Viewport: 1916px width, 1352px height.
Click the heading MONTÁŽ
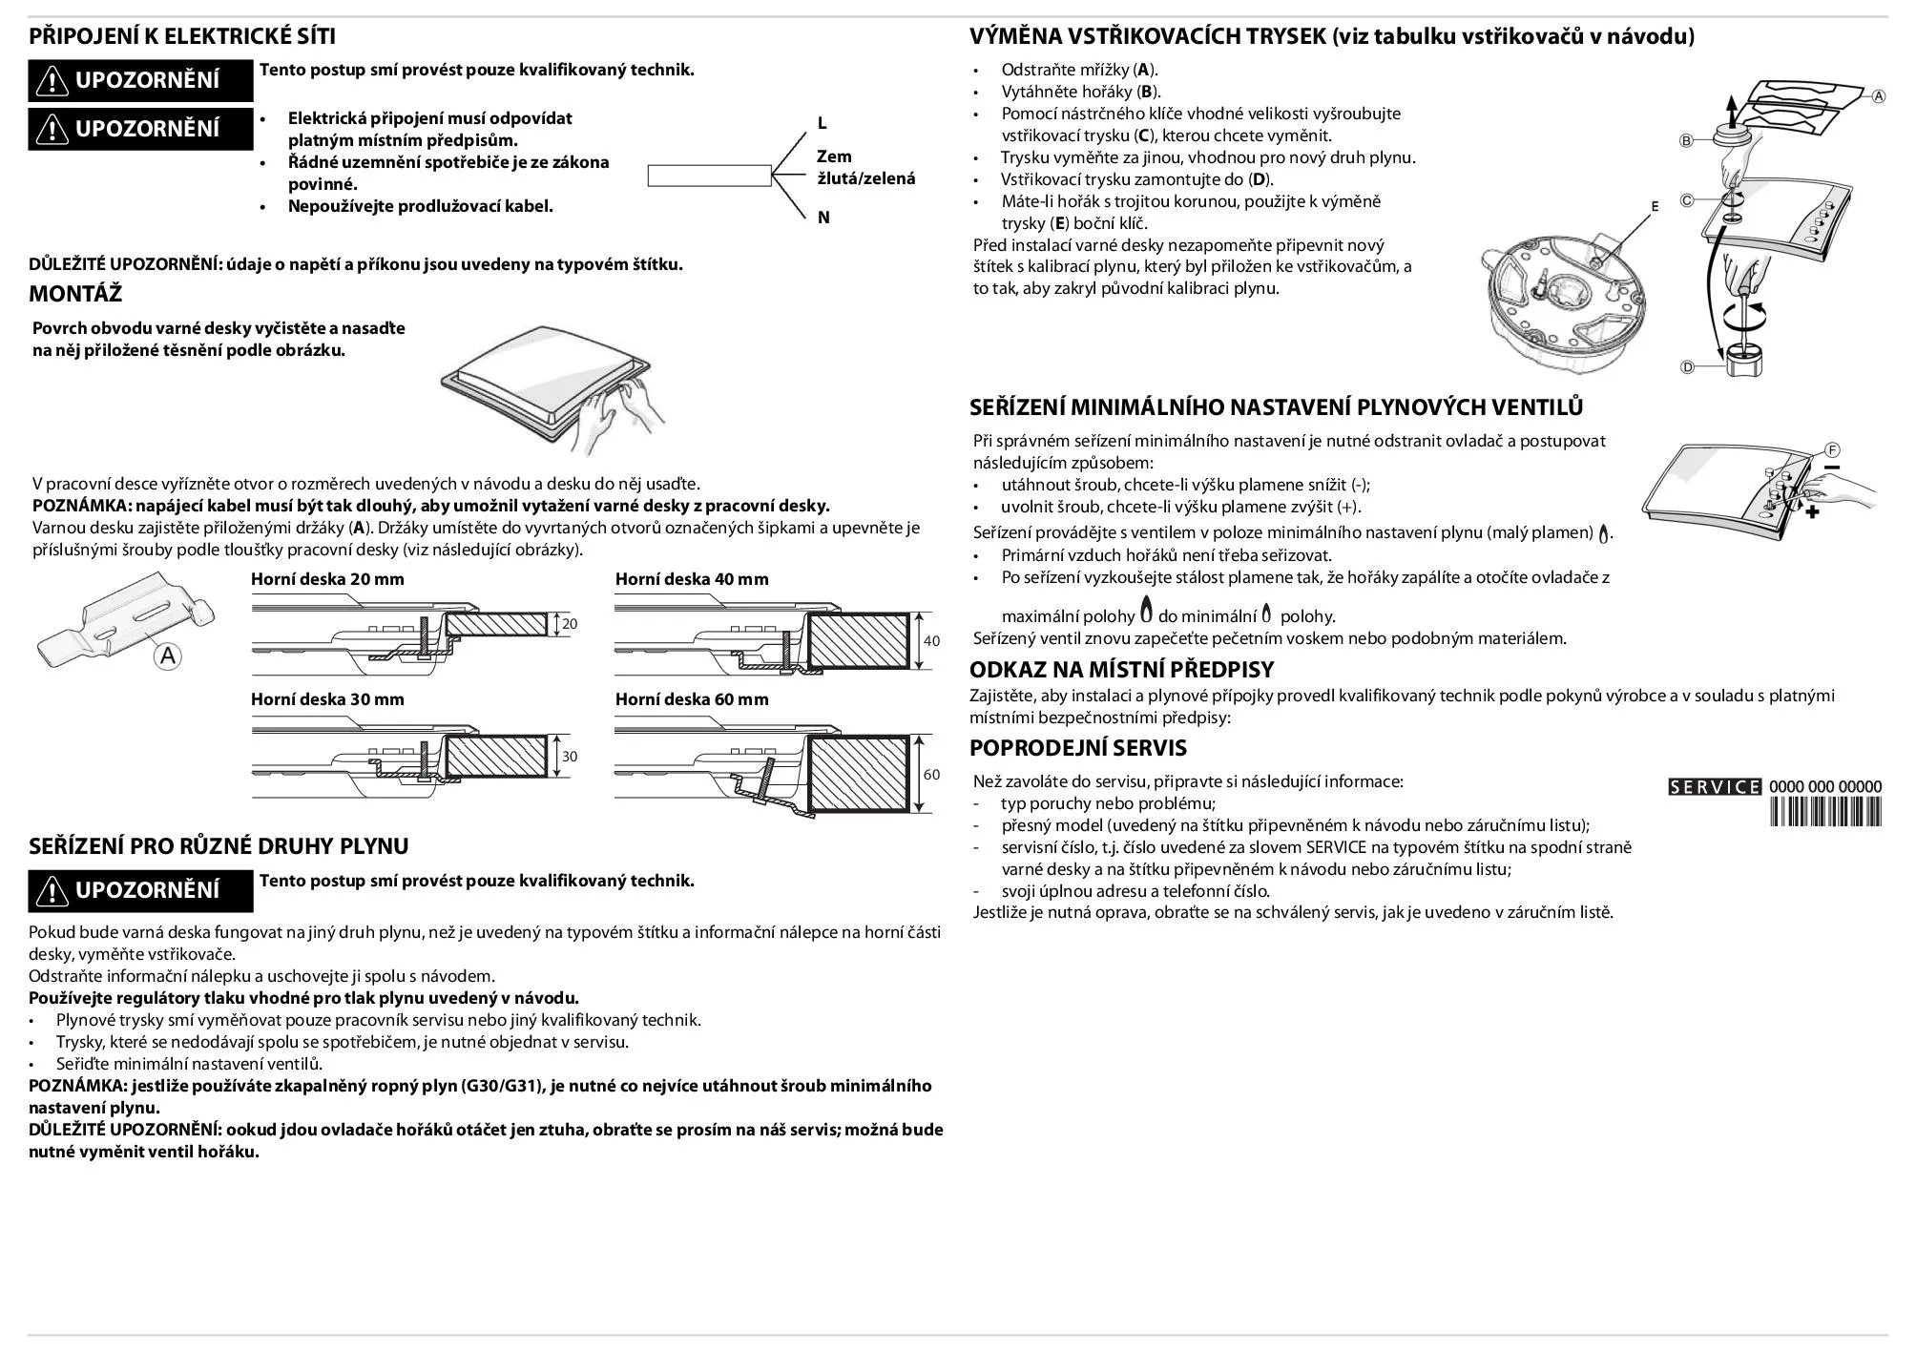point(75,293)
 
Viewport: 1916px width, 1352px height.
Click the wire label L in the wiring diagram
point(822,124)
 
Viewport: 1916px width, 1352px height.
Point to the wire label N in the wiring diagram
point(823,218)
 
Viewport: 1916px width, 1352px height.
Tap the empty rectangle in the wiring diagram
point(709,176)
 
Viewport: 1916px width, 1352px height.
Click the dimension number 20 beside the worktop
point(570,624)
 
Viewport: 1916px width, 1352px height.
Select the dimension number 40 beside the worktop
point(931,640)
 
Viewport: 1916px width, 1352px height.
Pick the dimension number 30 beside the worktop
point(570,757)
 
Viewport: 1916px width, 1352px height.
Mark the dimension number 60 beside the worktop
point(931,774)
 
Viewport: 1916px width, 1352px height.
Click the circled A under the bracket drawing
point(168,655)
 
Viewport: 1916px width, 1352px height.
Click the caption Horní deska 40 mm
point(691,579)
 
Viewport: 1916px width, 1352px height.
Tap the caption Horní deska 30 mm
point(327,699)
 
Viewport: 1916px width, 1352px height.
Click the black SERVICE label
point(1714,787)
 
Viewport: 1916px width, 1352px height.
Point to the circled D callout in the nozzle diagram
point(1687,367)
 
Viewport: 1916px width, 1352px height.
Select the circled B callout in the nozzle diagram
point(1686,141)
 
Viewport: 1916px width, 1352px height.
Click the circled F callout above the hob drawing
point(1832,449)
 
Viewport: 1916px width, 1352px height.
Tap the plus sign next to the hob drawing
point(1812,512)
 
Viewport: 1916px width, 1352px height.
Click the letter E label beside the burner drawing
point(1655,206)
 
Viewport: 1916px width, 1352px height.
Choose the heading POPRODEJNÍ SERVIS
point(1077,748)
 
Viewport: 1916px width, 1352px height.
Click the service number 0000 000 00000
point(1825,787)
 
